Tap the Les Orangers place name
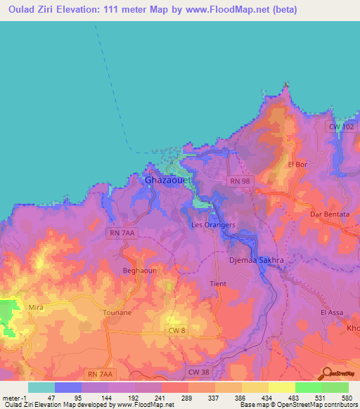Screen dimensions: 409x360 point(214,225)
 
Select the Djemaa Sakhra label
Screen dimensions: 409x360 point(243,260)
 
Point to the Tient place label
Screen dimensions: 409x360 point(217,284)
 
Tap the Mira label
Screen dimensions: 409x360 point(36,307)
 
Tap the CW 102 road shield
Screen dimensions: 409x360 point(342,126)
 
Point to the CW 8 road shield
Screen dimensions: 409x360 point(177,330)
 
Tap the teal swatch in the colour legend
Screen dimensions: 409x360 point(41,387)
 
